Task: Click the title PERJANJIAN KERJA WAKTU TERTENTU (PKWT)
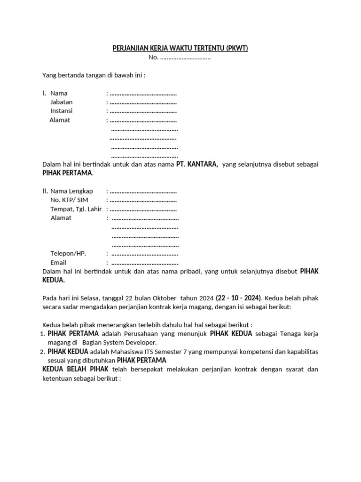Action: pyautogui.click(x=180, y=48)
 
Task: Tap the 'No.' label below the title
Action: pyautogui.click(x=153, y=57)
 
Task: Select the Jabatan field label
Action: pyautogui.click(x=62, y=102)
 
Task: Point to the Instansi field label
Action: pyautogui.click(x=62, y=111)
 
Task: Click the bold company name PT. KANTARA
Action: pyautogui.click(x=197, y=164)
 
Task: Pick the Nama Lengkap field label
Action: pyautogui.click(x=71, y=191)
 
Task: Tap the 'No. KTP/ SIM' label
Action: pyautogui.click(x=69, y=200)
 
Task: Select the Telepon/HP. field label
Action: pyautogui.click(x=69, y=253)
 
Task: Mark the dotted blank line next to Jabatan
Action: pyautogui.click(x=143, y=102)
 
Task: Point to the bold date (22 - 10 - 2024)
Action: pyautogui.click(x=239, y=297)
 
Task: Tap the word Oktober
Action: pyautogui.click(x=162, y=298)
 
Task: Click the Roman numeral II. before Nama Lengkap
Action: pyautogui.click(x=46, y=191)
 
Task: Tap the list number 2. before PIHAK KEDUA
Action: pyautogui.click(x=42, y=352)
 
